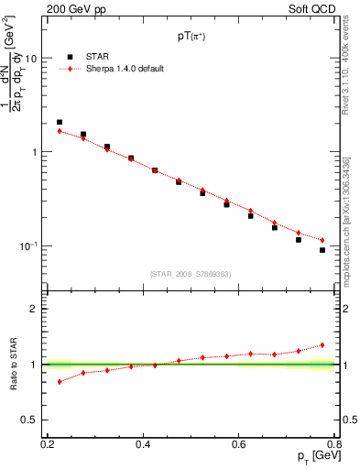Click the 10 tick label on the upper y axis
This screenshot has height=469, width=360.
point(30,59)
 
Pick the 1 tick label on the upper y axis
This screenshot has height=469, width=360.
point(34,152)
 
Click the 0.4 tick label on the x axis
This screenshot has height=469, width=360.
point(143,444)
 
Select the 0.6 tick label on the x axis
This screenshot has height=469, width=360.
point(238,444)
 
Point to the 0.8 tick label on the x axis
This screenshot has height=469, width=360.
point(334,444)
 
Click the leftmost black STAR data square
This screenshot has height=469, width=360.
point(60,122)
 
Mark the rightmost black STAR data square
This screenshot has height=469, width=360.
point(322,250)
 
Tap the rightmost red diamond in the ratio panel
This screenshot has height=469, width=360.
point(322,345)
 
